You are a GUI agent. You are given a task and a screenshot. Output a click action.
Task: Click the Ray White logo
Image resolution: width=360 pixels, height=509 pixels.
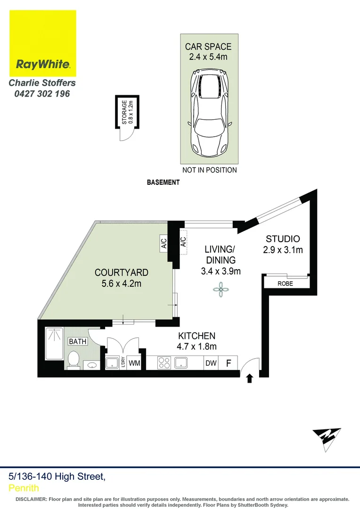pos(43,43)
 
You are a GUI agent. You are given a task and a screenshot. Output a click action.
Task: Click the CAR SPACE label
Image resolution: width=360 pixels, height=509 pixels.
pos(208,47)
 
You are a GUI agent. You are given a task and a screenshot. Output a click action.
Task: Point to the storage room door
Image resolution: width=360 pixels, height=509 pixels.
pos(125,134)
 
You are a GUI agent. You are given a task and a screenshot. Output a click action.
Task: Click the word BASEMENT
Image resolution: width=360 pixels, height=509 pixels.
pos(163,182)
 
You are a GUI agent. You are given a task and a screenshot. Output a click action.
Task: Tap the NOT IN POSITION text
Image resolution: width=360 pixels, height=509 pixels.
pos(209,170)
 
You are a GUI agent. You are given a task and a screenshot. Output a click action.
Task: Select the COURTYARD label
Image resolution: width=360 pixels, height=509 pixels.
pos(122,272)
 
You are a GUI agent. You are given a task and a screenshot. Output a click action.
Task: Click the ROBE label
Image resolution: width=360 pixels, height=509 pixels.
pos(285,284)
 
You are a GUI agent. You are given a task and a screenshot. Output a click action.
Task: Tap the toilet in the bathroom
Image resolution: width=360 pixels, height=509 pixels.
pos(74,360)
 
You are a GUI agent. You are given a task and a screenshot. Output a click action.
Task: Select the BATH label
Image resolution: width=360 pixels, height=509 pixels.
pos(78,341)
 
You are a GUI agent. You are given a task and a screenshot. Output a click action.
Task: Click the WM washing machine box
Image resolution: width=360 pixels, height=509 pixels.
pos(134,363)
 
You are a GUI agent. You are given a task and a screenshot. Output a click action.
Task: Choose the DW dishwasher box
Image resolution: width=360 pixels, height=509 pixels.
pos(210,363)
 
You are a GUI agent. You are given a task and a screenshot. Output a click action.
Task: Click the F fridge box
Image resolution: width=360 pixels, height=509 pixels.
pos(229,363)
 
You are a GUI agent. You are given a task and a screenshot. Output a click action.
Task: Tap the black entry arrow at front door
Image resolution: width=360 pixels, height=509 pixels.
pos(249,378)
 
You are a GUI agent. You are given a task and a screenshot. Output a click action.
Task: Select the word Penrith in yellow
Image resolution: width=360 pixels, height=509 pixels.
pos(24,488)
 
